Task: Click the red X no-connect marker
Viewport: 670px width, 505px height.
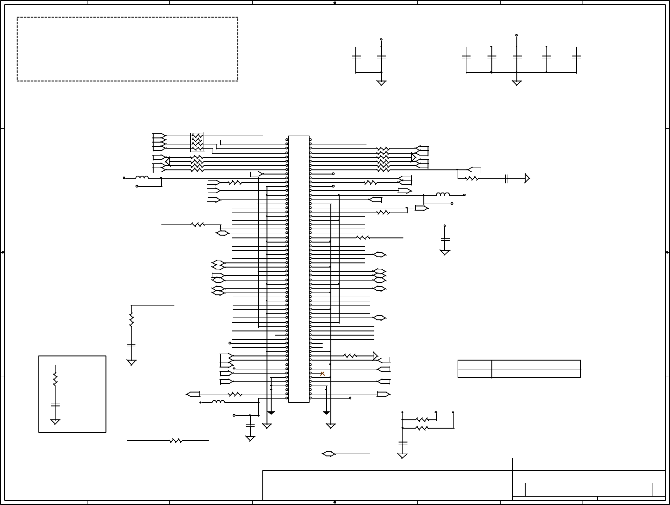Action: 323,374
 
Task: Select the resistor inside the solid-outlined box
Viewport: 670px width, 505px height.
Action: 55,379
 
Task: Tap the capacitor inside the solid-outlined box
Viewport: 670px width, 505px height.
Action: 55,405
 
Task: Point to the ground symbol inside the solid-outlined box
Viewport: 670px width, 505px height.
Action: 55,422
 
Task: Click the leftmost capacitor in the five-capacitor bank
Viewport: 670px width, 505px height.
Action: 466,57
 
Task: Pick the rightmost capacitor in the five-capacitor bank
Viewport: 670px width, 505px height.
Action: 577,57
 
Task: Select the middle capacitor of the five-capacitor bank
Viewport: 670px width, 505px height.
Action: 517,57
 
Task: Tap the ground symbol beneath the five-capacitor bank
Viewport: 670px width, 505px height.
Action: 517,83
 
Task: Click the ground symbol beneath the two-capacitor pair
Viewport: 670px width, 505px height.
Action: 381,83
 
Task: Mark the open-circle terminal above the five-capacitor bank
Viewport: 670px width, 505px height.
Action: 516,35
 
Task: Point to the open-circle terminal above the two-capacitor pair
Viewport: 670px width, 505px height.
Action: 381,39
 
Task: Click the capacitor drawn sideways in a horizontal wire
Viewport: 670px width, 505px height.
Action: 507,178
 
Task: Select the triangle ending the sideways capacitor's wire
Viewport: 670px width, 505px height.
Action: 527,178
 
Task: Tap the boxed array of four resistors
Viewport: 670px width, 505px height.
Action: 197,142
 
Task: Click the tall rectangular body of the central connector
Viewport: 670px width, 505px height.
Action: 298,268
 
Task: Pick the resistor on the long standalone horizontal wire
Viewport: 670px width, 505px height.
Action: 176,441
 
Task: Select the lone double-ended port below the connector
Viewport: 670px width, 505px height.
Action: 329,454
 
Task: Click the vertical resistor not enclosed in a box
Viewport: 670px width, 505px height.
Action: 131,319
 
